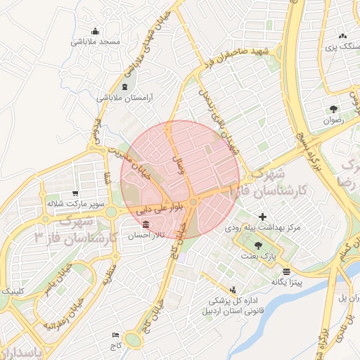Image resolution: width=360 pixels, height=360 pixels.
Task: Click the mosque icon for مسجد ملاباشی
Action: (x=96, y=32)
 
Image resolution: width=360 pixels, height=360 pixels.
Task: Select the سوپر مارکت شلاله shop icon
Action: (x=75, y=194)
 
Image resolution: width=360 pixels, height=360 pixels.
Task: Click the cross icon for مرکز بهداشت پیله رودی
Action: (x=263, y=217)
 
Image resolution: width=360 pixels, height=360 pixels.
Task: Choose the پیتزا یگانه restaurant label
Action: (x=288, y=282)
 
